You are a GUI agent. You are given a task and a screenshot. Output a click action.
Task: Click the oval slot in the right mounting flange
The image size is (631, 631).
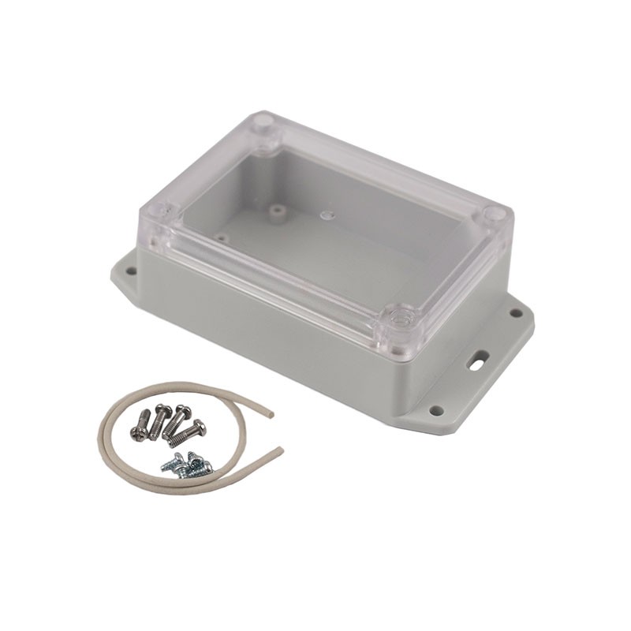click(x=477, y=363)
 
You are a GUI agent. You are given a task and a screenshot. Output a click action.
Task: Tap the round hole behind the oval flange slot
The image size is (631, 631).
click(x=516, y=313)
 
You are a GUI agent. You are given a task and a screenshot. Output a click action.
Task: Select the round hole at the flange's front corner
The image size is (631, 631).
click(x=435, y=410)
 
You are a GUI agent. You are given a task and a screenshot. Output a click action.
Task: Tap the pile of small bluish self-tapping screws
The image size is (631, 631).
click(x=188, y=465)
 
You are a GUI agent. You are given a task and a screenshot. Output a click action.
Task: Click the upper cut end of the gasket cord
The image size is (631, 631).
click(x=270, y=413)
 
